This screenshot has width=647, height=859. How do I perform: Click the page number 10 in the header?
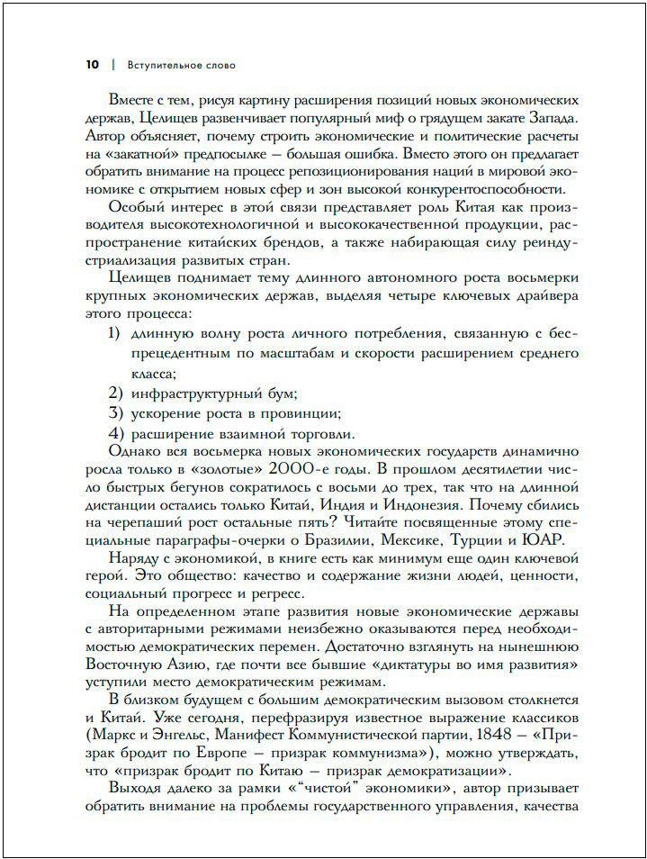92,65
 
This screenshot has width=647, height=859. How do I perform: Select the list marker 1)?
114,334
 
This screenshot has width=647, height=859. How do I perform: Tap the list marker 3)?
114,413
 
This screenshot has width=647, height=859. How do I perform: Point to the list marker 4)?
114,433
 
